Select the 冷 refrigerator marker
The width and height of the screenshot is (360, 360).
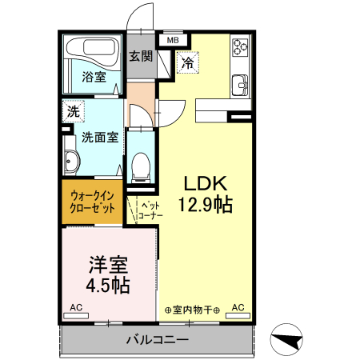click(187, 62)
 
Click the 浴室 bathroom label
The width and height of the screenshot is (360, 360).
click(94, 77)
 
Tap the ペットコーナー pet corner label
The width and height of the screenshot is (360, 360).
click(149, 209)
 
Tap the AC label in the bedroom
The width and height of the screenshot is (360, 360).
click(75, 307)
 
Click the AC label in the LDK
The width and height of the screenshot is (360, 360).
click(238, 307)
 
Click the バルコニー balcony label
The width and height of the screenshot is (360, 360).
click(157, 340)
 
